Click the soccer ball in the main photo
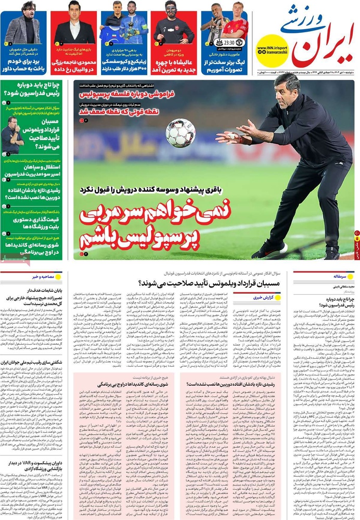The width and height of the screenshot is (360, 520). point(180,133)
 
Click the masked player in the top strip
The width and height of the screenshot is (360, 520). point(171,23)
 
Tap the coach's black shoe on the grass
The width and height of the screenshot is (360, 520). point(269,249)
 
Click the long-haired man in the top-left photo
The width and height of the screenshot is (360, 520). point(23,23)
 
